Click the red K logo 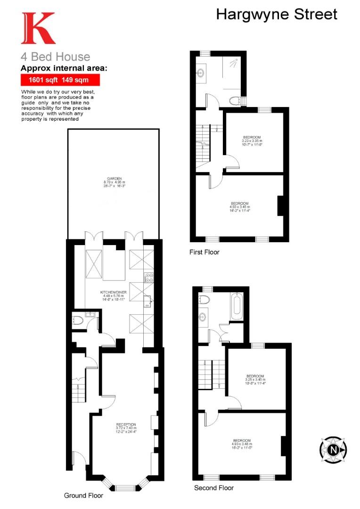[38, 28]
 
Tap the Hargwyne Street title [277, 14]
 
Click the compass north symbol [334, 450]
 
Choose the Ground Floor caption [83, 495]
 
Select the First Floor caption [205, 252]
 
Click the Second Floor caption [214, 488]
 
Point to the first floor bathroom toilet [236, 100]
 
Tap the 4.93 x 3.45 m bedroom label [240, 207]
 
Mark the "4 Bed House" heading [55, 57]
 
